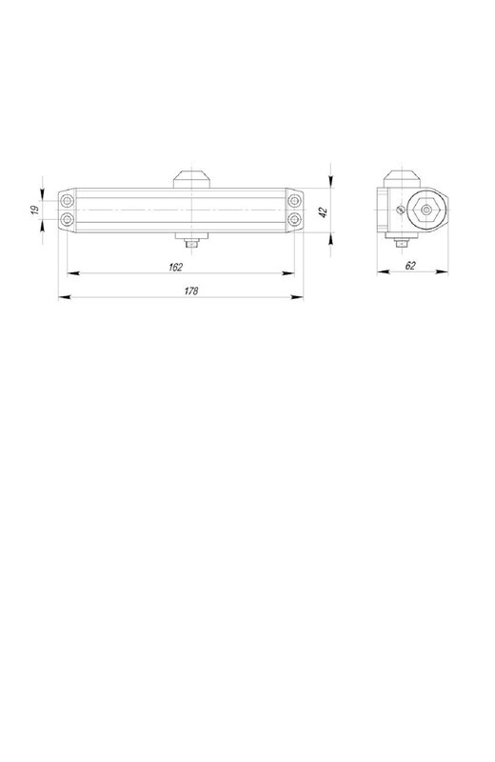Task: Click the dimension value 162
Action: pos(176,267)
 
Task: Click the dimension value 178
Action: pos(191,291)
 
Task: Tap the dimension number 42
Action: pos(324,212)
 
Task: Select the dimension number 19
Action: pos(35,211)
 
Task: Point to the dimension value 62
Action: pos(410,266)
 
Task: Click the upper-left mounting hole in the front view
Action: pos(67,200)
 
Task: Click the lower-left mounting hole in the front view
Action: pos(67,220)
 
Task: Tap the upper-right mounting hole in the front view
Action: pos(294,200)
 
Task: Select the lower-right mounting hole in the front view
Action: pos(294,220)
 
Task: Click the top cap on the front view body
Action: pos(192,179)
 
